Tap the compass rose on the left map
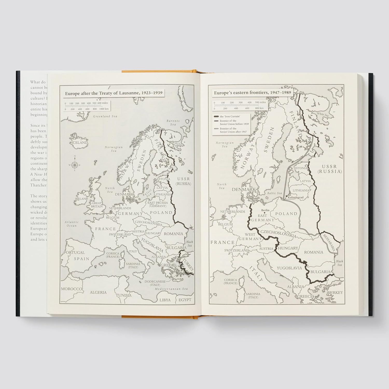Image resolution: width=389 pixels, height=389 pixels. pos(74,164)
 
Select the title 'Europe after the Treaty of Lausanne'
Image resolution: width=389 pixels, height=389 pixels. pos(114,94)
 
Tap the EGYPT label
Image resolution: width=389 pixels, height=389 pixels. pos(185,300)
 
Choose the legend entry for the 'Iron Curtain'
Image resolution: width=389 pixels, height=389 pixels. pos(230,116)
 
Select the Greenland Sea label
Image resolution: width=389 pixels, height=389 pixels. pos(105,116)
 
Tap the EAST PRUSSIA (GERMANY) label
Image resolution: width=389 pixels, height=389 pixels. pos(158,204)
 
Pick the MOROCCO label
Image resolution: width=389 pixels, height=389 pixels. pos(72,289)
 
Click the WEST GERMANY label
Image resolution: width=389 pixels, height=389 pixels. pos(250,237)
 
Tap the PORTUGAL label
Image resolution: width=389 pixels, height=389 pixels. pos(74,253)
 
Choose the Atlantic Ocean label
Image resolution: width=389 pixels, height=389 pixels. pos(72,224)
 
